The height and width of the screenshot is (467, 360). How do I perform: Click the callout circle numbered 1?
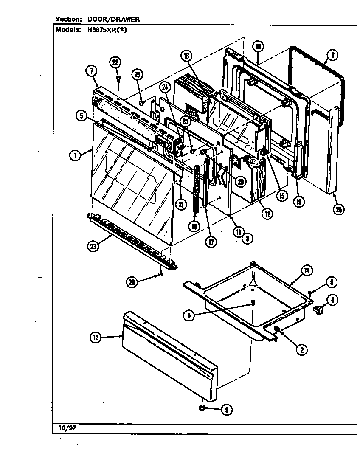coord(75,155)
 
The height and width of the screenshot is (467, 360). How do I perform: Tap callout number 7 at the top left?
coord(90,71)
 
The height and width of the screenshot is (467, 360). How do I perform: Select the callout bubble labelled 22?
coord(115,62)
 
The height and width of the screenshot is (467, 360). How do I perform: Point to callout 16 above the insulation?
coord(186,56)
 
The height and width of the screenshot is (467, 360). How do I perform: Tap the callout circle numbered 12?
coord(96,338)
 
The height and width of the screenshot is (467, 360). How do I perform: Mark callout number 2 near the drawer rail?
coord(302,349)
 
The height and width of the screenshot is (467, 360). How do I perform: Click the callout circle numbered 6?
coord(189,315)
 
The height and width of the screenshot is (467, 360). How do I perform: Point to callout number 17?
coord(211,242)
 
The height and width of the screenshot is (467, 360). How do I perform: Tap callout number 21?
coord(181,204)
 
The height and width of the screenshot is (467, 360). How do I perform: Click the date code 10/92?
coord(66,428)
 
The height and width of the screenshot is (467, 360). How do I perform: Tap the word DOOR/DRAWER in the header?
coord(113,19)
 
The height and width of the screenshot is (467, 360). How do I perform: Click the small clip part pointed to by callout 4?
coord(318,312)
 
